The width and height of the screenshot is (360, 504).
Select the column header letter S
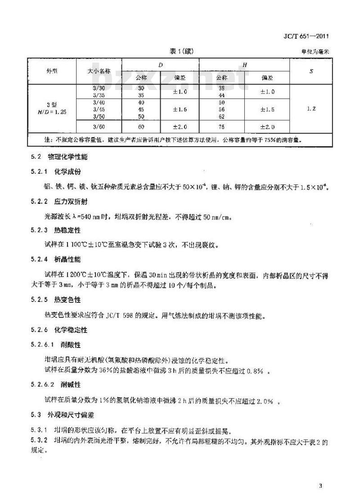[312, 71]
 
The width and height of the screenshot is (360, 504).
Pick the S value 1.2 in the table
[311, 109]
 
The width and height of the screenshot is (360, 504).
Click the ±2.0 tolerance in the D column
[180, 127]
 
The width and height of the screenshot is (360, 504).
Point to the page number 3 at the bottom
[320, 486]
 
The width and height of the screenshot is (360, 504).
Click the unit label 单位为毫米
[316, 52]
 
